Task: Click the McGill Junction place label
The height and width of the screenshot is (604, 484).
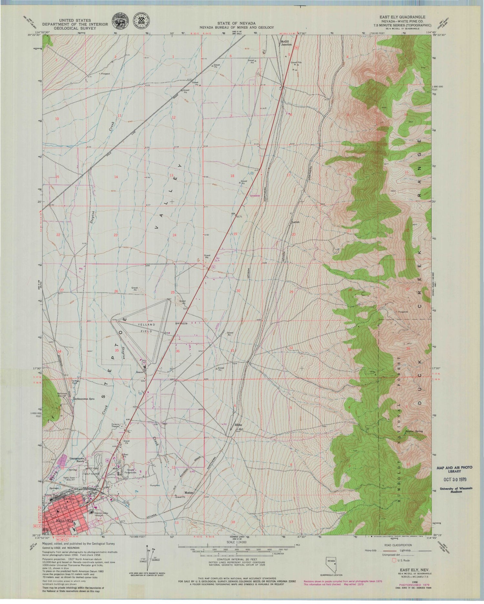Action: (x=286, y=43)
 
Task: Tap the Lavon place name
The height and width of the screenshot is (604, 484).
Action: (x=296, y=222)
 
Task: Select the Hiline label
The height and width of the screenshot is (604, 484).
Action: (x=238, y=424)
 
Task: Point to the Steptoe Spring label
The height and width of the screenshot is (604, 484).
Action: (x=419, y=431)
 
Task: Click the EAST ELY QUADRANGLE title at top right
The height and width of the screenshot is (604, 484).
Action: (x=405, y=17)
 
